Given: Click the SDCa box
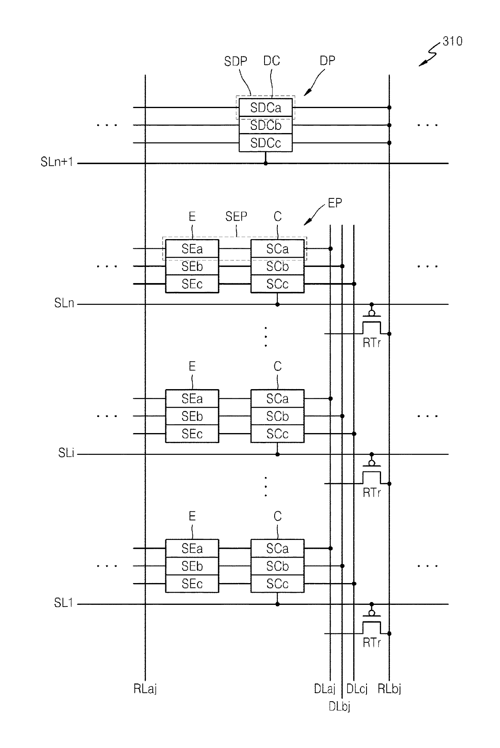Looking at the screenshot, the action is (x=266, y=108).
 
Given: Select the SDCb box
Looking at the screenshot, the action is (x=266, y=125).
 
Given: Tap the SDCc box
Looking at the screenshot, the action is (x=266, y=143).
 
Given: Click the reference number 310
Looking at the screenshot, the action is (x=452, y=41).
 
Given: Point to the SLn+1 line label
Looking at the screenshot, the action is (x=57, y=162).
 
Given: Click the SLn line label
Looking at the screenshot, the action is (x=65, y=303).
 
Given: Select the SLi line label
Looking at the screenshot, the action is (x=66, y=453).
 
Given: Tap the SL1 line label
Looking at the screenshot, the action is (x=64, y=603).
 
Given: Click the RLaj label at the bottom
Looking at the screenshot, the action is (x=145, y=689).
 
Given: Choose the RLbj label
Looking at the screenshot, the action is (x=389, y=689).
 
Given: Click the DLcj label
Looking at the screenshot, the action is (x=357, y=689).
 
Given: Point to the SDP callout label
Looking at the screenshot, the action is (x=235, y=61).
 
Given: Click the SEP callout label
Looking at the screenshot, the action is (x=236, y=217).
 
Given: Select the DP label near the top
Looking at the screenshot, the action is (x=327, y=60).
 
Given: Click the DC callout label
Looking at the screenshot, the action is (x=272, y=61).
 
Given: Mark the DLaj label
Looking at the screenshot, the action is (x=325, y=689).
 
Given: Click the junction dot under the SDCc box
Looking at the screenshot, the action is (x=265, y=163).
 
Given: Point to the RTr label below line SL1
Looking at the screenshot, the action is (x=372, y=643).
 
